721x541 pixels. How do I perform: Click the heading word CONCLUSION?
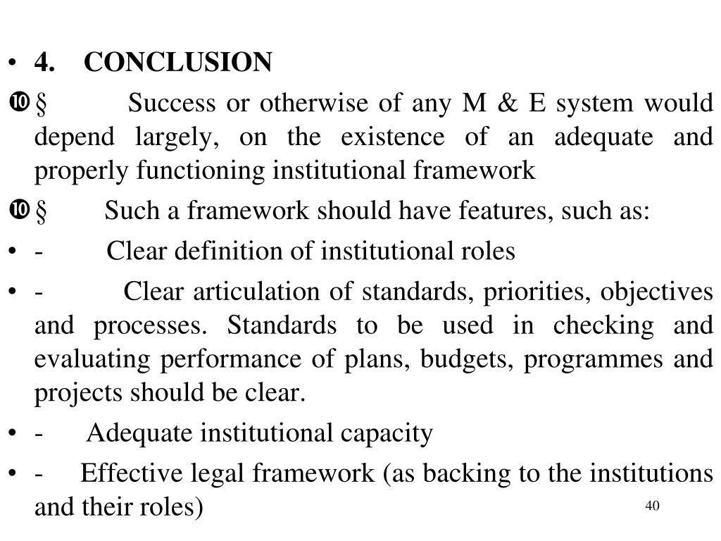[177, 63]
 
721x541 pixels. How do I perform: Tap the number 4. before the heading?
[46, 63]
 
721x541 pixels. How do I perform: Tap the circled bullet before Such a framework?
[18, 210]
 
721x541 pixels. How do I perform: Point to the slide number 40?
[651, 506]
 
